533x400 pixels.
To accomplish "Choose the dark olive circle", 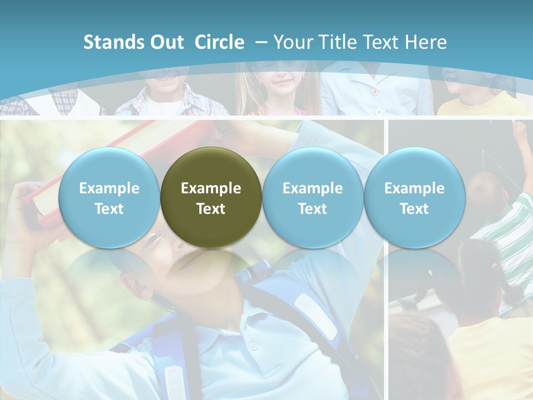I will pyautogui.click(x=211, y=197).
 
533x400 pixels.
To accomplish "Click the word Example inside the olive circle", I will pyautogui.click(x=211, y=188).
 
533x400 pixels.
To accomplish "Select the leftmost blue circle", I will pyautogui.click(x=109, y=197).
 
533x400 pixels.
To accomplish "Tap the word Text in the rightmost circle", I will pyautogui.click(x=414, y=209).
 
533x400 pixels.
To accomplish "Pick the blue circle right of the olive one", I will pyautogui.click(x=313, y=197).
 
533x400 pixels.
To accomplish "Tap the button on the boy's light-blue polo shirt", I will pyautogui.click(x=253, y=346).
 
